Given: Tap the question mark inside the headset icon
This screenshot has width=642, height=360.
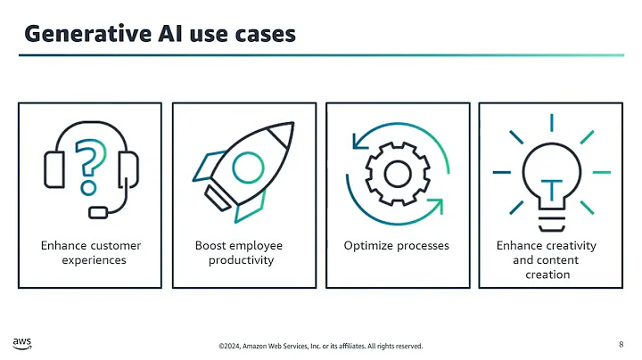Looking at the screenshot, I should (90, 166).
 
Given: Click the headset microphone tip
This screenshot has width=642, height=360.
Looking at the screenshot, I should (100, 212).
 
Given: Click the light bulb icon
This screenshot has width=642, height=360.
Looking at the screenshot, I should (550, 175).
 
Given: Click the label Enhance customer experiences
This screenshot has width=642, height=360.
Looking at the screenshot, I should (90, 252).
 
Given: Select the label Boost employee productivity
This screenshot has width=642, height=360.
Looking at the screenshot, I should (240, 252).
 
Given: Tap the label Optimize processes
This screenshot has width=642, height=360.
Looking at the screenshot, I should (396, 245).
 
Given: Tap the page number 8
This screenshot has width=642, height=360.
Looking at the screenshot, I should (621, 343).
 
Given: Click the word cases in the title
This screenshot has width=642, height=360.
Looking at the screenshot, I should (263, 33).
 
